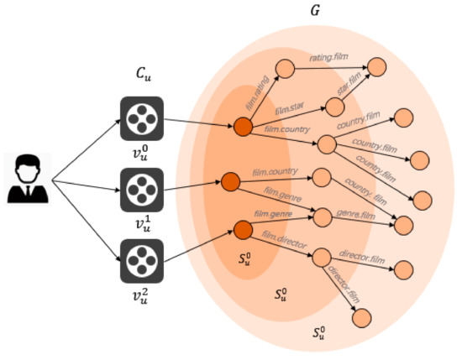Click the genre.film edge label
[x=355, y=214]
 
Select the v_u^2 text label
[x=144, y=293]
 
